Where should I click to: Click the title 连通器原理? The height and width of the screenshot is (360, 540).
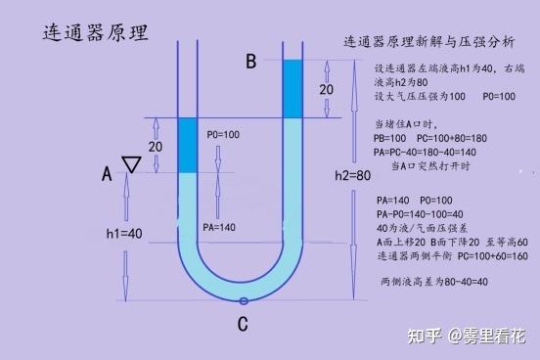click(95, 31)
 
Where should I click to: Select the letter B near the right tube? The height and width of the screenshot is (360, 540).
click(250, 63)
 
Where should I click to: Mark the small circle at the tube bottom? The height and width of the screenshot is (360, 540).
click(243, 300)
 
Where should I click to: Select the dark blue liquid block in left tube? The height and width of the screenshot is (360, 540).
click(188, 146)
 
